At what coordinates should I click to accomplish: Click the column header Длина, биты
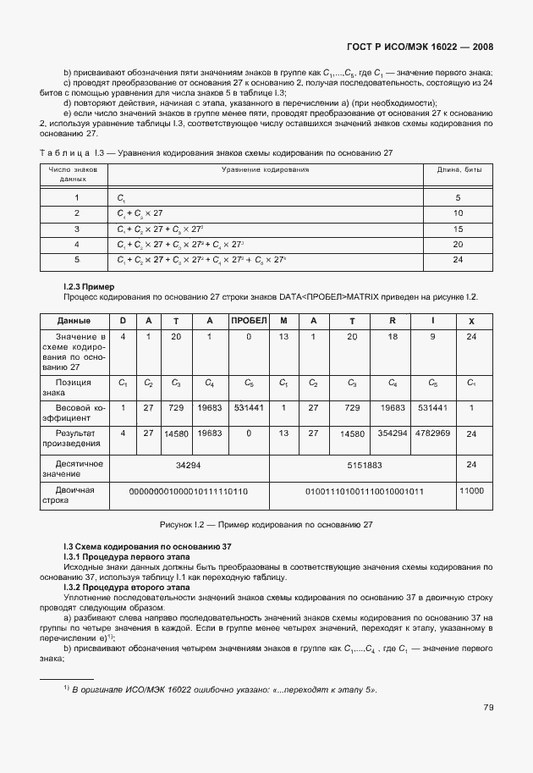tap(459, 170)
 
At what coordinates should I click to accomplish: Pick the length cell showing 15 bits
tap(459, 229)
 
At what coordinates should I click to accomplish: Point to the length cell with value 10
tap(459, 213)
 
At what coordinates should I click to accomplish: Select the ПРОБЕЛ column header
tap(249, 321)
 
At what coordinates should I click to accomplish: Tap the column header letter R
tap(393, 321)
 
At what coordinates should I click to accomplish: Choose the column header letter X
tap(471, 322)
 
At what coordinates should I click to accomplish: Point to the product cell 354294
tap(393, 433)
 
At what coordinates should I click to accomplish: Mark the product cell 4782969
tap(432, 433)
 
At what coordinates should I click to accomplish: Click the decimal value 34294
tap(188, 465)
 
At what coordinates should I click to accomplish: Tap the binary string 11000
tap(471, 490)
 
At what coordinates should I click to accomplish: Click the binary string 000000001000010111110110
tap(188, 491)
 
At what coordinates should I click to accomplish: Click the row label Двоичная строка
tap(74, 495)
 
